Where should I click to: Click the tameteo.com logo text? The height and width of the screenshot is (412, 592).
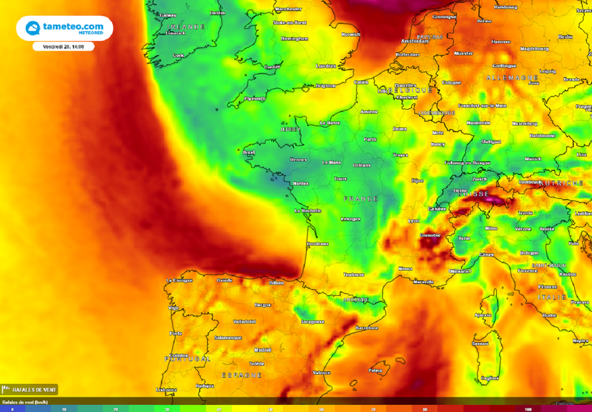point(73,26)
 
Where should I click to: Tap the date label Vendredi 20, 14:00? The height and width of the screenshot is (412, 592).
point(64,46)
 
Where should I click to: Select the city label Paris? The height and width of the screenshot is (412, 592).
point(370,139)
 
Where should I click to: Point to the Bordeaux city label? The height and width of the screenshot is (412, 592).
point(318,244)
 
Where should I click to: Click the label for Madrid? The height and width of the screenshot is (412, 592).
point(262,350)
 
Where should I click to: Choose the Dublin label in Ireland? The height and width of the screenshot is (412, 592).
point(217,13)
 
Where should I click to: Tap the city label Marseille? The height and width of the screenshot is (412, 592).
point(424,282)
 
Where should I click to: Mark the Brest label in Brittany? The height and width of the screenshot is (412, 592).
point(249,153)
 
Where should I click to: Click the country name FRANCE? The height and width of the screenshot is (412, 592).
point(361,198)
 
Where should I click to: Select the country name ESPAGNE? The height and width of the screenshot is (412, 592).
point(242,375)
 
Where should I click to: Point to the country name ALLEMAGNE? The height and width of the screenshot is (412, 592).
point(512,78)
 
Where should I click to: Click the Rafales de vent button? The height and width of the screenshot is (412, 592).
point(30,389)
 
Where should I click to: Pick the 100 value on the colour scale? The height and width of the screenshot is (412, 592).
point(527,409)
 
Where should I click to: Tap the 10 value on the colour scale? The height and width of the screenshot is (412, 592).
point(64,409)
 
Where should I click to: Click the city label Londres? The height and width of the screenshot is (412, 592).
point(326,66)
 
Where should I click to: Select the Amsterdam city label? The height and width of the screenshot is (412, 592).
point(415,41)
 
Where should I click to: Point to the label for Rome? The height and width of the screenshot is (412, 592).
point(549,315)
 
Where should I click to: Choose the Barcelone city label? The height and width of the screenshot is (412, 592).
point(367,328)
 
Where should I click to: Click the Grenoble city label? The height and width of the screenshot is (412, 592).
point(430,236)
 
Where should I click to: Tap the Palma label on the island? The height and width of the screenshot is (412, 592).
point(376,370)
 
